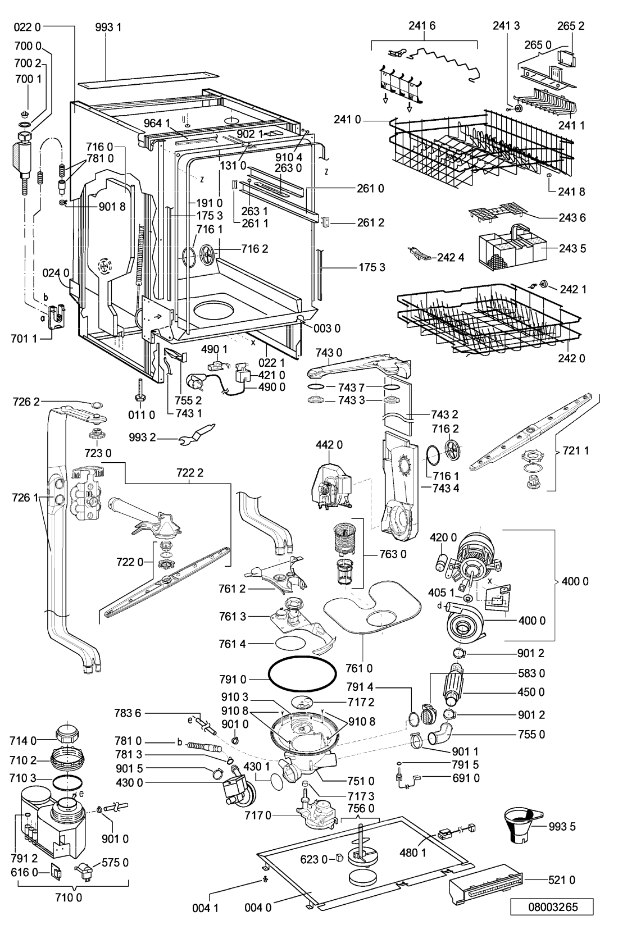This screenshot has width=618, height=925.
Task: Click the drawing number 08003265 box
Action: pos(552,906)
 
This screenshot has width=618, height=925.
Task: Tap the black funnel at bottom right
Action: pos(522,825)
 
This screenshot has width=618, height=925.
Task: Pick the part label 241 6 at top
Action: pos(422,25)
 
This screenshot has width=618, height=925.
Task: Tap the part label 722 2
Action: pos(192,473)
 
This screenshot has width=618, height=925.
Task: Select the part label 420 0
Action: pos(443,537)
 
